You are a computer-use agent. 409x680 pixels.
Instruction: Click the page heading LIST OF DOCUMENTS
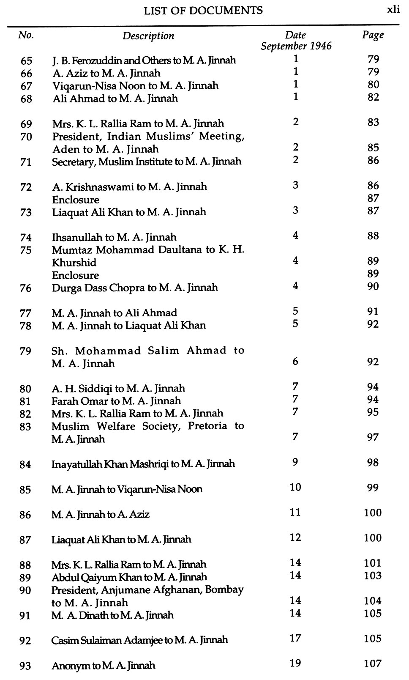[203, 11]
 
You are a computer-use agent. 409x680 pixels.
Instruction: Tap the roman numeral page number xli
[393, 10]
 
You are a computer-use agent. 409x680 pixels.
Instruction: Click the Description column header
[148, 36]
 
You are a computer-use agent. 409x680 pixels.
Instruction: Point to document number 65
[26, 60]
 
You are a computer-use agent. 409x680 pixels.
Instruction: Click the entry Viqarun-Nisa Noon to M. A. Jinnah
[135, 86]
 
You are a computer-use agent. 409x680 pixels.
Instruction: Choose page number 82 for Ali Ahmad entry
[373, 97]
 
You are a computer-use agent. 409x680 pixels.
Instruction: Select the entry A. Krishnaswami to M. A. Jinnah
[129, 187]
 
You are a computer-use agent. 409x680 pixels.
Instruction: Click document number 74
[26, 238]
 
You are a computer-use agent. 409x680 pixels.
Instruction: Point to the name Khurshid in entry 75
[74, 263]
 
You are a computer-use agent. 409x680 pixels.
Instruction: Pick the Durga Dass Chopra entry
[135, 288]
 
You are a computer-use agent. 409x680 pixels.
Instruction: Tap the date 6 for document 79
[295, 362]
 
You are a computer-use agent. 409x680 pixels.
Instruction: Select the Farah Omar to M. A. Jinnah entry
[116, 401]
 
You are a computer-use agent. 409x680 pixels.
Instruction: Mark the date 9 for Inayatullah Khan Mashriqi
[295, 462]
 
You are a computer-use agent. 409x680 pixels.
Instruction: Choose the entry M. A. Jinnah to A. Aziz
[101, 515]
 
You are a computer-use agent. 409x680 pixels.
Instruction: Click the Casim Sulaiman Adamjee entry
[139, 640]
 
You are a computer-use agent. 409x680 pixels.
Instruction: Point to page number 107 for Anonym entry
[373, 664]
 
